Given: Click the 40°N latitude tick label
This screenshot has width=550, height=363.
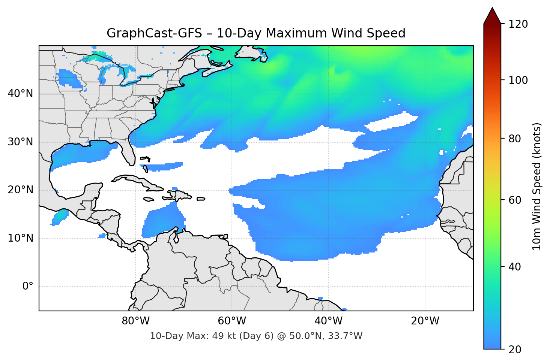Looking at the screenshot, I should point(20,93).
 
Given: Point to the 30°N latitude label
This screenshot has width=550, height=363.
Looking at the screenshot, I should point(20,142).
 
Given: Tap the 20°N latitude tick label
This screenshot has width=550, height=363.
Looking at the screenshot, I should point(20,190).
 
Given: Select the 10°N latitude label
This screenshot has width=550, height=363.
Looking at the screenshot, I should point(20,238).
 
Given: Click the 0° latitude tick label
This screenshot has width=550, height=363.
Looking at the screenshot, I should point(28,287).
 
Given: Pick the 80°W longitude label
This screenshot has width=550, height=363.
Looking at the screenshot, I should point(135,321).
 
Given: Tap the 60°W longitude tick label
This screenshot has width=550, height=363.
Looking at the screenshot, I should point(232,321).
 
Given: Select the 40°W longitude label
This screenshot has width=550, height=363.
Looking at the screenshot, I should point(328,321).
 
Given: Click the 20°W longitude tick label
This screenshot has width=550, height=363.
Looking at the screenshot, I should point(425,321).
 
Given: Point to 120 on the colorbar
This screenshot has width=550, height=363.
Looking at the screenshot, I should point(518,24).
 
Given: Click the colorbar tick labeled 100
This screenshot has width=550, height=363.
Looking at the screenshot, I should point(518,80).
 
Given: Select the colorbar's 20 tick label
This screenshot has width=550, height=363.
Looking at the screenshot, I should point(515,350).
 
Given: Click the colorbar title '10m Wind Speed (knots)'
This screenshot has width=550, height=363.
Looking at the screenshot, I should point(537,187).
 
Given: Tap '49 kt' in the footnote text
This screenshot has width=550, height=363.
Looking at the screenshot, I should point(219,336).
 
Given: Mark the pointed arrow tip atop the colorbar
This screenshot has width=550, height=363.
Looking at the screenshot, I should point(492,8).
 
